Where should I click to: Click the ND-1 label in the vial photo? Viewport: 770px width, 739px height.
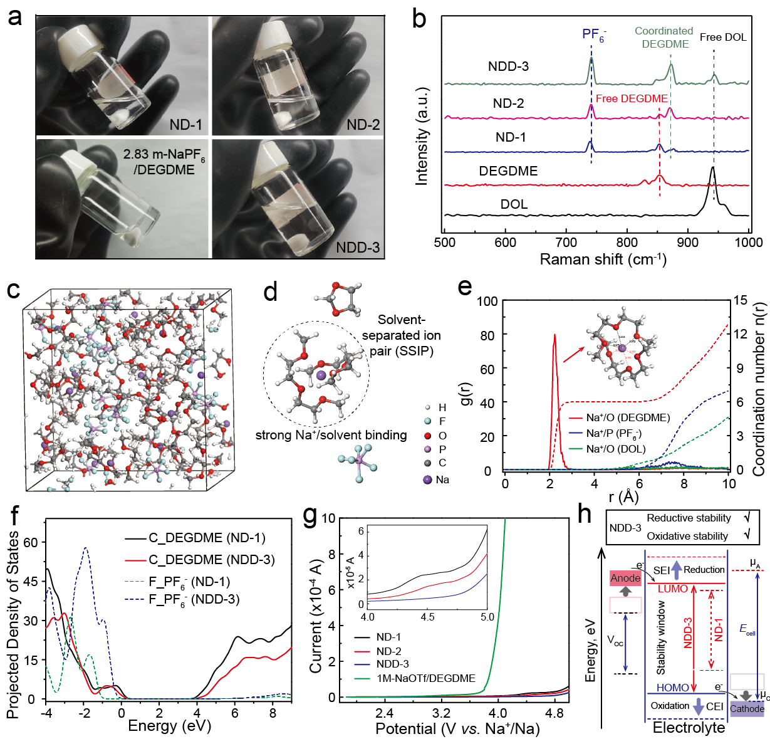click(x=185, y=125)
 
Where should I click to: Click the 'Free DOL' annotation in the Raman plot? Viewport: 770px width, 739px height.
click(x=722, y=37)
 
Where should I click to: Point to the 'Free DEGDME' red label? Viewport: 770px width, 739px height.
click(x=631, y=98)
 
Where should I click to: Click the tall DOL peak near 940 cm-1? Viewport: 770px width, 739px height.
click(x=712, y=169)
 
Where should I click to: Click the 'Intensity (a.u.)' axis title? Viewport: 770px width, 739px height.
click(x=422, y=137)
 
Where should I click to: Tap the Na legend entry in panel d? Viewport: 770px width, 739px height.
click(x=436, y=480)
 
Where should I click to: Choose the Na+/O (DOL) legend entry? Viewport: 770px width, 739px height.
click(x=615, y=449)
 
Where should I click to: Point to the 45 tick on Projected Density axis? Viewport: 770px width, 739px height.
click(x=30, y=581)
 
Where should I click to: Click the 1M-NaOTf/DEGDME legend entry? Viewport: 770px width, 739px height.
click(x=425, y=678)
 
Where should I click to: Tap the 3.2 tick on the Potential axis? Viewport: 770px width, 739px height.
click(x=442, y=713)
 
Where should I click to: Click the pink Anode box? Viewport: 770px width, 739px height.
click(x=625, y=578)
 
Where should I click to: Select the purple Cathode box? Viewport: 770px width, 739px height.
click(x=747, y=708)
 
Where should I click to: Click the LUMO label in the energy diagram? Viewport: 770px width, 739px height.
click(x=672, y=589)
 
